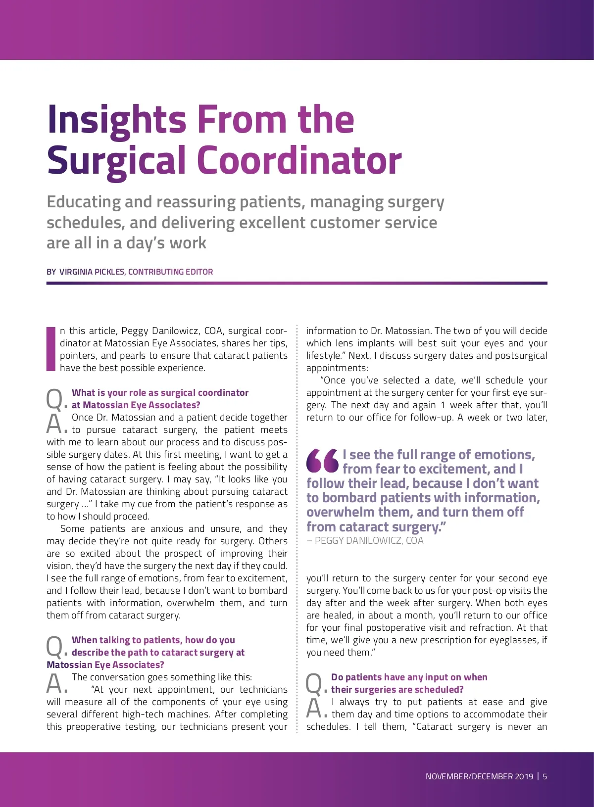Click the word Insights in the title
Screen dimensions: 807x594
(x=117, y=120)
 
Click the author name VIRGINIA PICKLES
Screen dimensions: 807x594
(x=92, y=272)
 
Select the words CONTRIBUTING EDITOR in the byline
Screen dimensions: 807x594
(x=171, y=272)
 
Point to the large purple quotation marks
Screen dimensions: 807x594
(x=322, y=460)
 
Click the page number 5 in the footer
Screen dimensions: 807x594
(x=545, y=776)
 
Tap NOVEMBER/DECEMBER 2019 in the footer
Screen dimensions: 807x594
(x=479, y=776)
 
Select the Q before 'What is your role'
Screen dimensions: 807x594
(x=54, y=399)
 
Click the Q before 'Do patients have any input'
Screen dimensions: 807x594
(x=314, y=683)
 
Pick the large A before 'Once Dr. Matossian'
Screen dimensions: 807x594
(x=54, y=424)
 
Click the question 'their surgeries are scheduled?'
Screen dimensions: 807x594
(x=397, y=690)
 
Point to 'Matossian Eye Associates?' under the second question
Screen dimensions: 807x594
(x=105, y=665)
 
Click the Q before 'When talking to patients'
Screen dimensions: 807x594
(x=54, y=646)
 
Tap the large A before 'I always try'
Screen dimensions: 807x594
(x=314, y=708)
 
